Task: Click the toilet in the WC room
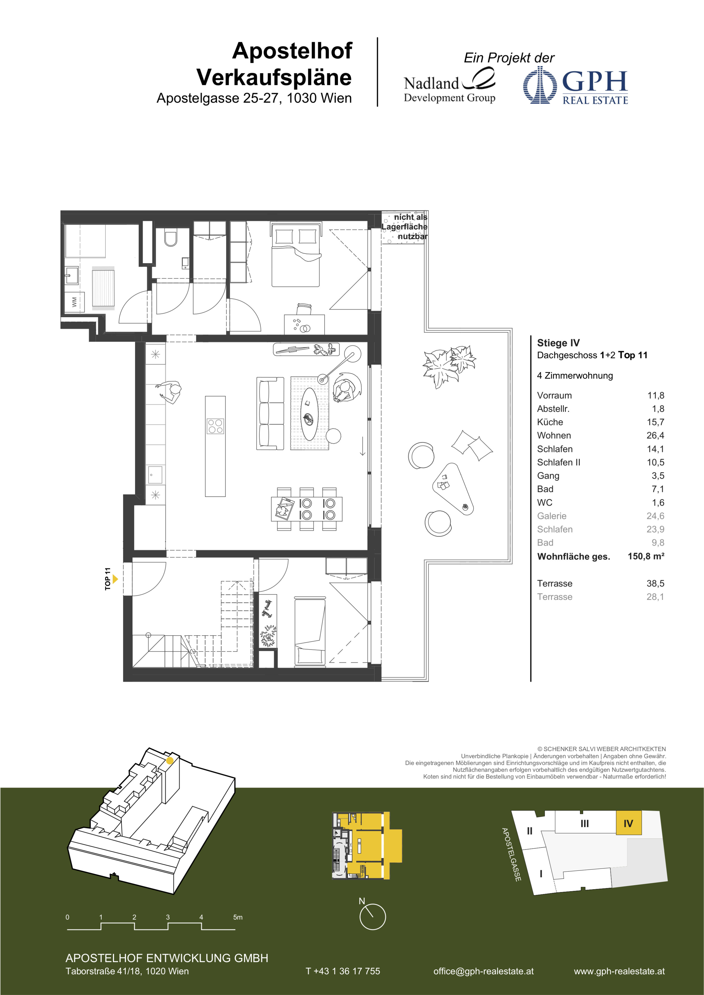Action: [170, 237]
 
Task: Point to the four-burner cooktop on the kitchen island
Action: [215, 426]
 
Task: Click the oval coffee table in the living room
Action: [309, 414]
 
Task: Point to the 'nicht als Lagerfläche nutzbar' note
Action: [404, 227]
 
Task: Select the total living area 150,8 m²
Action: [646, 556]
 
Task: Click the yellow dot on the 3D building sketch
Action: [170, 760]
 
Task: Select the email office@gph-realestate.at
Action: [483, 971]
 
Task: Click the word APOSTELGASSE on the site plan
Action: [511, 854]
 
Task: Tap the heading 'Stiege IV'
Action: [558, 343]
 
